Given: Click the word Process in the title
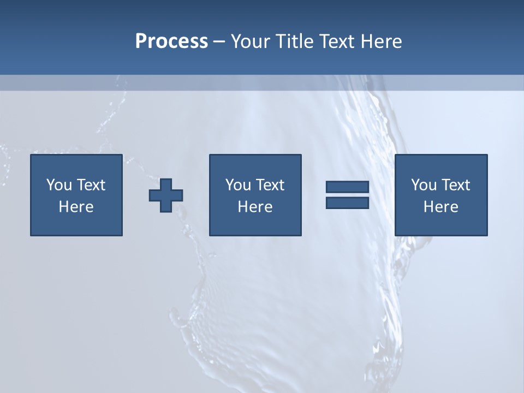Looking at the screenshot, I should click(x=171, y=41).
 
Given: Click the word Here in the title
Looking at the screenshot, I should click(x=383, y=41).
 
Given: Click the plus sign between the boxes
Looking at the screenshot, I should click(x=166, y=195).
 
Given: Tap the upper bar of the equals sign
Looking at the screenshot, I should click(x=347, y=187).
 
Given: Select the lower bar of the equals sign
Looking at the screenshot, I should click(x=347, y=203).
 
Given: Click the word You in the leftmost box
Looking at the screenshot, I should click(x=59, y=185).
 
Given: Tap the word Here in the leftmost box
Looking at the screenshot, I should click(x=76, y=207).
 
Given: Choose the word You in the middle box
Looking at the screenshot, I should click(x=238, y=185).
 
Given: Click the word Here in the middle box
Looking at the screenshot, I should click(x=255, y=207).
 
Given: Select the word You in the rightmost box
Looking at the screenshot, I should click(x=424, y=185).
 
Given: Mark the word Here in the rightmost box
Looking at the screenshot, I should click(x=441, y=207).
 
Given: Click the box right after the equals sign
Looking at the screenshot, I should click(x=441, y=224).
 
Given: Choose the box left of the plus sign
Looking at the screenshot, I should click(x=76, y=224).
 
